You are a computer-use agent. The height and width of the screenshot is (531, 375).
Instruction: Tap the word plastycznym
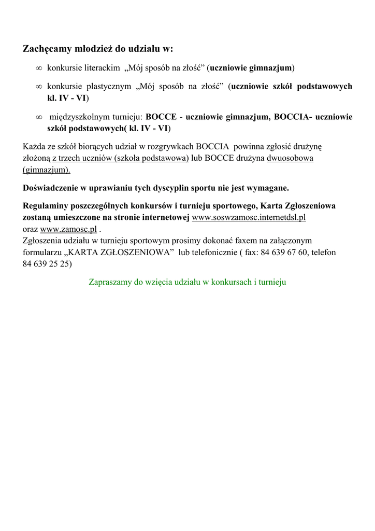108,86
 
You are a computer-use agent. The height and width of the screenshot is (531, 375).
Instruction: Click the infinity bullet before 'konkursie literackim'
38,68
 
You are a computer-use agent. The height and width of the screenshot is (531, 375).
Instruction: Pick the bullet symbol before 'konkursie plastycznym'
38,86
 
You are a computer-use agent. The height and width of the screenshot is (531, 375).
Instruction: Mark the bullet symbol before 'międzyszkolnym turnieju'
38,117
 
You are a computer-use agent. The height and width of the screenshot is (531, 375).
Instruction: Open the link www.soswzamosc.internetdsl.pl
249,217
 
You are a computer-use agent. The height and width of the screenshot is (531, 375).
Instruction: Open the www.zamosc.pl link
68,229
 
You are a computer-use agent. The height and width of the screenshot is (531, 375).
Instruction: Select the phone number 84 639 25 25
47,263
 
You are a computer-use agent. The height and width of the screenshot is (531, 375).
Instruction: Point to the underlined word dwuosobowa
290,158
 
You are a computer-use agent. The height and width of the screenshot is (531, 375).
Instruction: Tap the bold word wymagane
269,187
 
